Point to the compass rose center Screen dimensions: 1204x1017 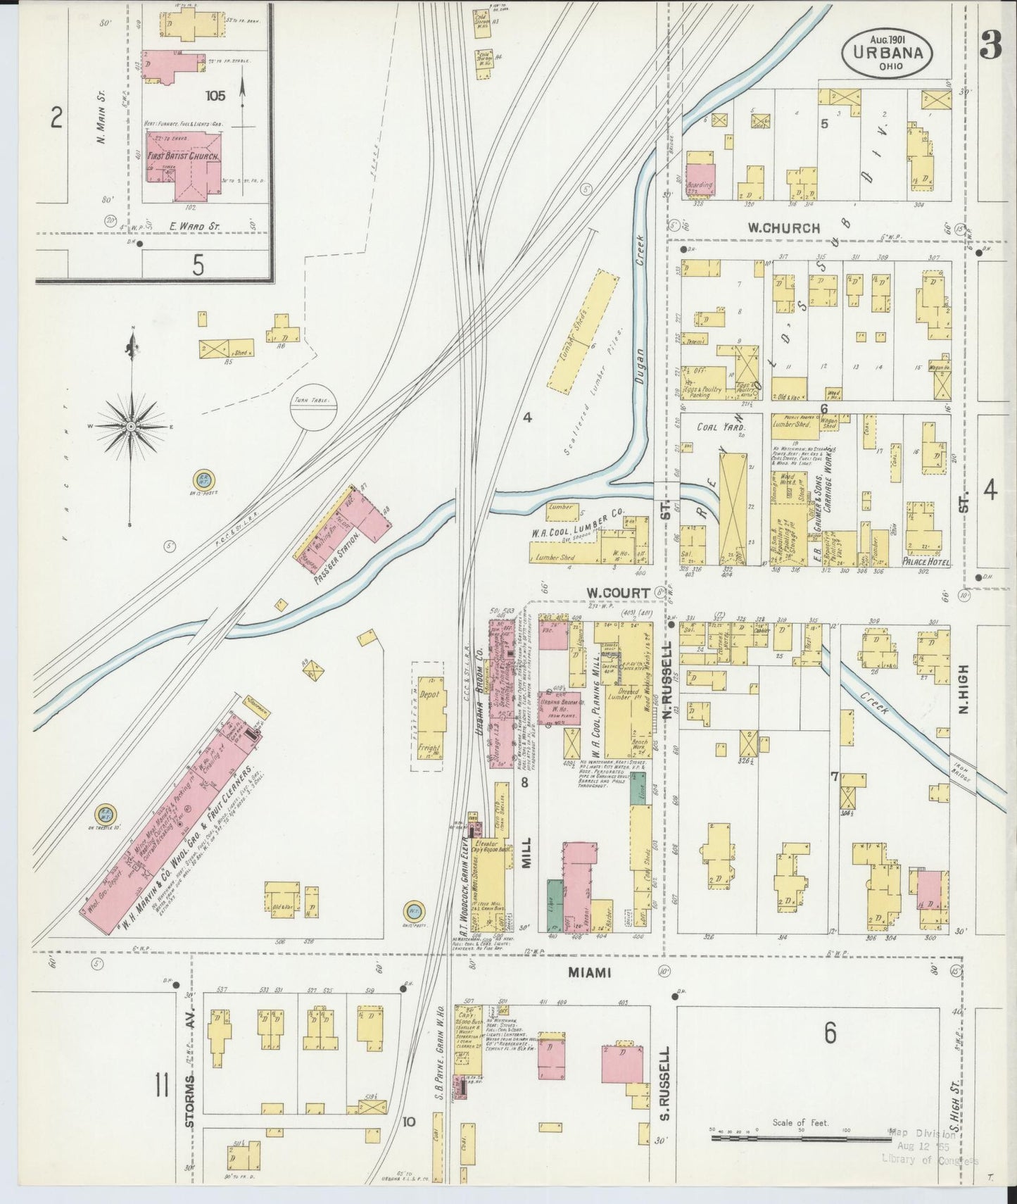pyautogui.click(x=131, y=427)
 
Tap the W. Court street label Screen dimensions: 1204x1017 pyautogui.click(x=619, y=593)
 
